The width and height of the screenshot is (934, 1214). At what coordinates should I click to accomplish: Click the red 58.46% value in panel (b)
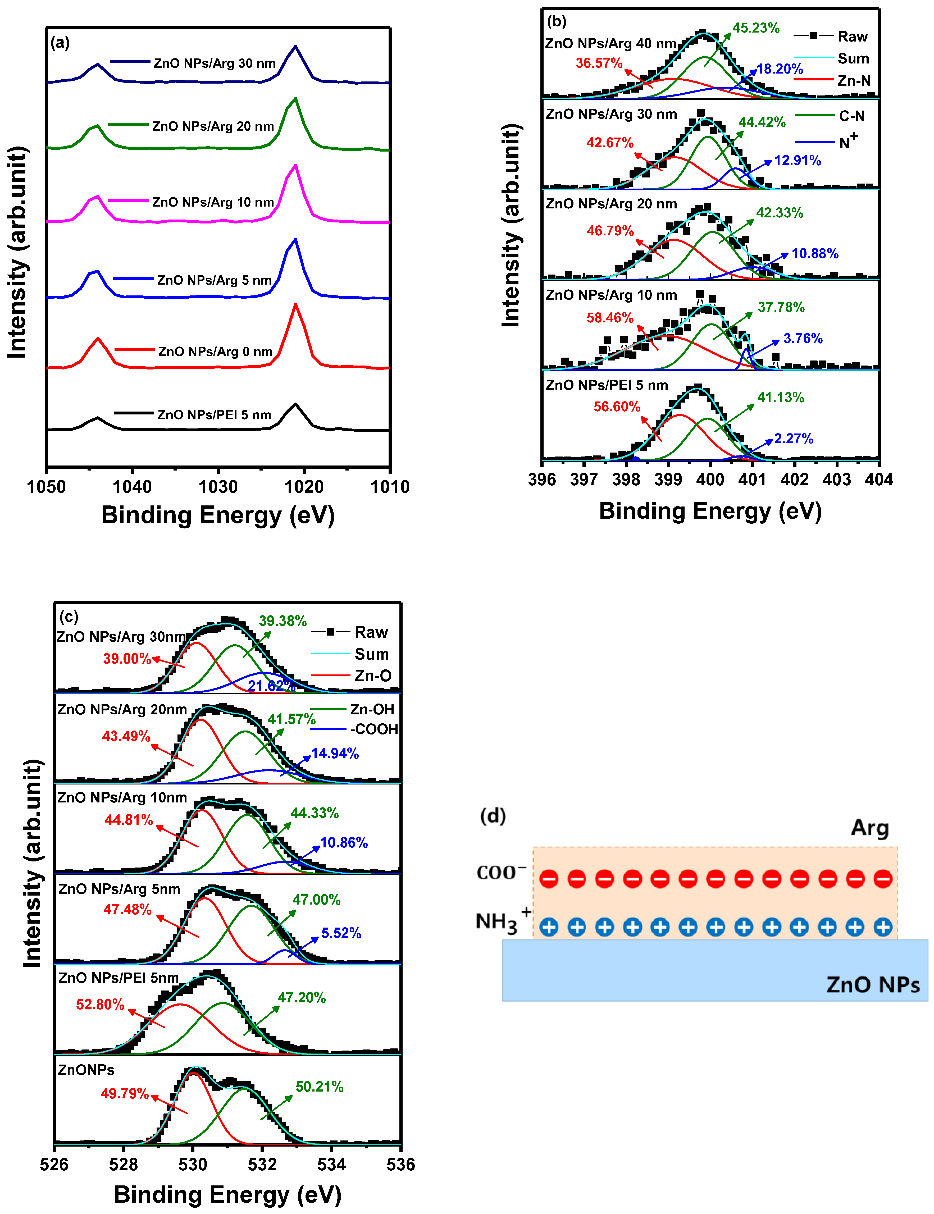(x=610, y=318)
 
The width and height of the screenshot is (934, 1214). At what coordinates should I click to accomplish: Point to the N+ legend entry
(x=848, y=142)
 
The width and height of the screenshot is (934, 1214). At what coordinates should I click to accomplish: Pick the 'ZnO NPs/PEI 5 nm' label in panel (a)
(x=214, y=415)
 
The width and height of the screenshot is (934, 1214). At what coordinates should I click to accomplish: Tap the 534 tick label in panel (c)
(x=331, y=1164)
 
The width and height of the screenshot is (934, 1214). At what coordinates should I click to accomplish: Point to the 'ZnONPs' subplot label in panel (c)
(x=86, y=1070)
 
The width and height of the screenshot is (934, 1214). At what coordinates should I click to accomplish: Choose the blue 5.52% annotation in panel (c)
(x=341, y=933)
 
